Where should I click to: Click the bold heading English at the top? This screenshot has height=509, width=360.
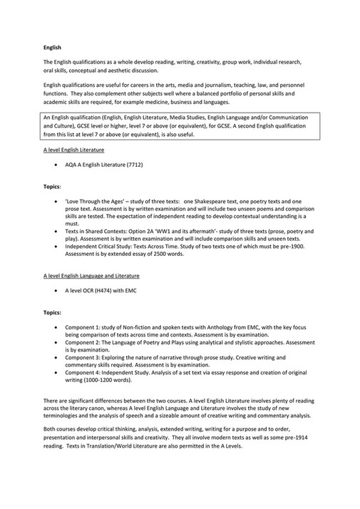(x=53, y=48)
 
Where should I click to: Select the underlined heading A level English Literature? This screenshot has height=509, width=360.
(x=74, y=150)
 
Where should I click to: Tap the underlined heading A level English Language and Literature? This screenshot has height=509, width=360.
(x=91, y=274)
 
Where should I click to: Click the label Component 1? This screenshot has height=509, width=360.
(x=81, y=326)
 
